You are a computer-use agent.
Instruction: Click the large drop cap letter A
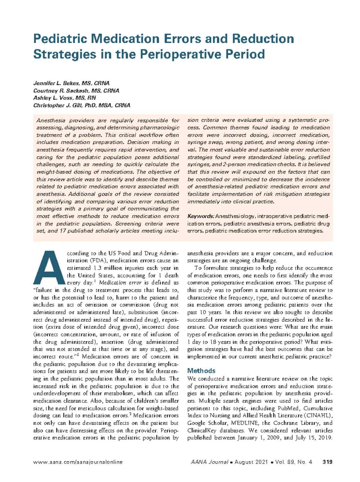49,268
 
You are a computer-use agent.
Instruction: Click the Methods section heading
201,371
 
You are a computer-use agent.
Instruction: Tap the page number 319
327,462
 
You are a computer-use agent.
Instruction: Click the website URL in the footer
78,462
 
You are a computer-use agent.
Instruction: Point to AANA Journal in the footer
209,462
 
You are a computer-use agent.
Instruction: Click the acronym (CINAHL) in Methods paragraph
319,416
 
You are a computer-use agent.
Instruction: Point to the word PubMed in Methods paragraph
288,408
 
